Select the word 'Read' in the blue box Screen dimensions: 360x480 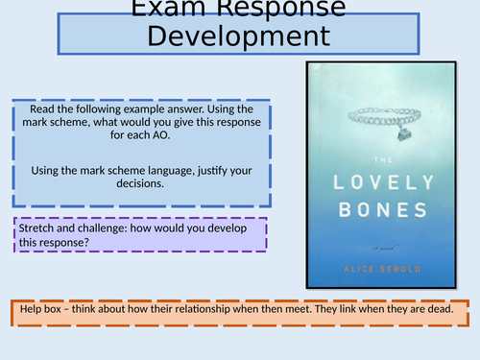[45, 109]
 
